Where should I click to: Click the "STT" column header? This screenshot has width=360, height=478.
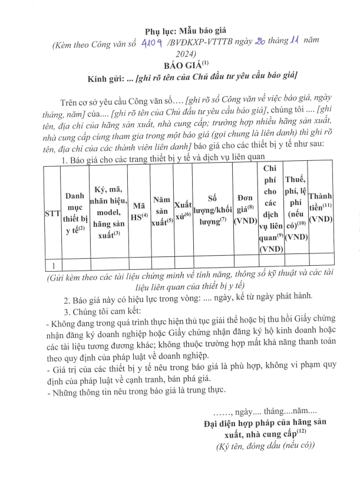coord(52,215)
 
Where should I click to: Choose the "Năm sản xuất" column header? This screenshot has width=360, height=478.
coord(161,210)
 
